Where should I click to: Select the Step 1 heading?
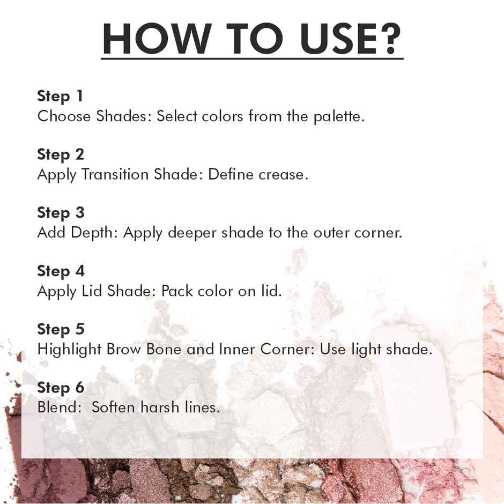60,96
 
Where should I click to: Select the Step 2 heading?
61,154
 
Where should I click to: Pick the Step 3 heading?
61,213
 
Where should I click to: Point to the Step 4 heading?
61,271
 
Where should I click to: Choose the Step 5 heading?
61,329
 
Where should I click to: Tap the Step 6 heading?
61,388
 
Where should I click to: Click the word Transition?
115,175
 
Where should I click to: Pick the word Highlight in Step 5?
69,350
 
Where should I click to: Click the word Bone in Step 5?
164,350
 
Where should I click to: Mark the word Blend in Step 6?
58,407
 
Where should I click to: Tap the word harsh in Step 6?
160,407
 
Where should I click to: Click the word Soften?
113,407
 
